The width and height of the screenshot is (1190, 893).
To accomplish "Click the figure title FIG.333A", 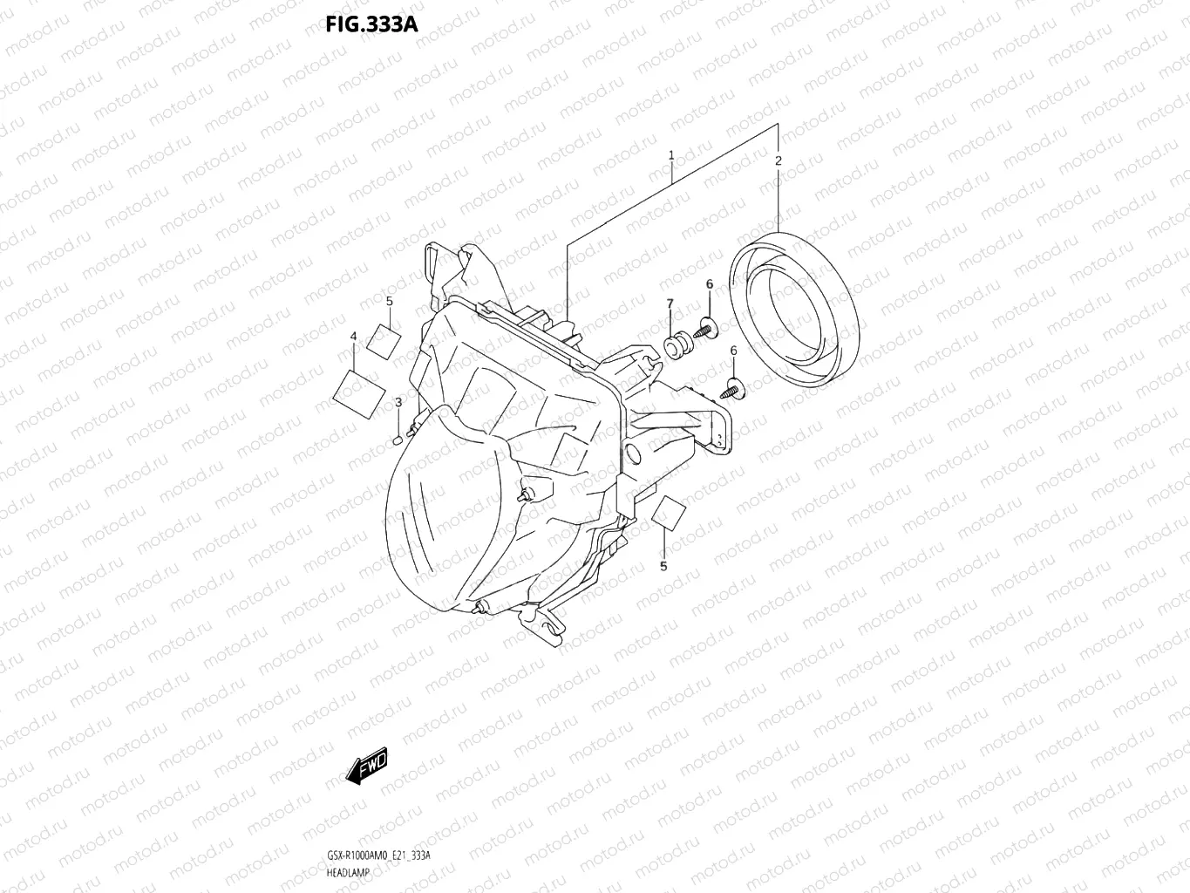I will tap(371, 24).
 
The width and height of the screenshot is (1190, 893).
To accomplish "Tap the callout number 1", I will tap(671, 155).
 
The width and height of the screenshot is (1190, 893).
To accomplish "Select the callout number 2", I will tap(779, 160).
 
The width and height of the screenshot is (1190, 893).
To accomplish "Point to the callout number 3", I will tap(398, 402).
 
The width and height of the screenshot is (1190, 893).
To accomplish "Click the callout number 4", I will tap(353, 336).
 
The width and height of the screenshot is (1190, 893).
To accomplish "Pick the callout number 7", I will tap(670, 303).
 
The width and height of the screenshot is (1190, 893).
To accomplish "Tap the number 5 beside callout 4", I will tap(390, 301).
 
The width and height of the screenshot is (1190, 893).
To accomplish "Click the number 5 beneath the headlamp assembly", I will tap(663, 566).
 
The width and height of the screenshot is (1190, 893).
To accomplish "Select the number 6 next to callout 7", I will tap(709, 284).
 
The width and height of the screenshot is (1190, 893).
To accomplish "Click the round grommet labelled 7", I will tap(675, 346).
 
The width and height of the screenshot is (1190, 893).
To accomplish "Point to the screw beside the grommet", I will tap(704, 329).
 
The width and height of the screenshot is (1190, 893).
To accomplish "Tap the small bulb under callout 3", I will tap(398, 439).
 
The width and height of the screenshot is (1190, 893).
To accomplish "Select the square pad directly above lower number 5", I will tap(669, 514).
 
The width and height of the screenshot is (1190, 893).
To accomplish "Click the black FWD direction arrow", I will tap(366, 767).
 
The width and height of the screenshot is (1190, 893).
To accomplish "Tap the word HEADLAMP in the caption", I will tap(347, 873).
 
